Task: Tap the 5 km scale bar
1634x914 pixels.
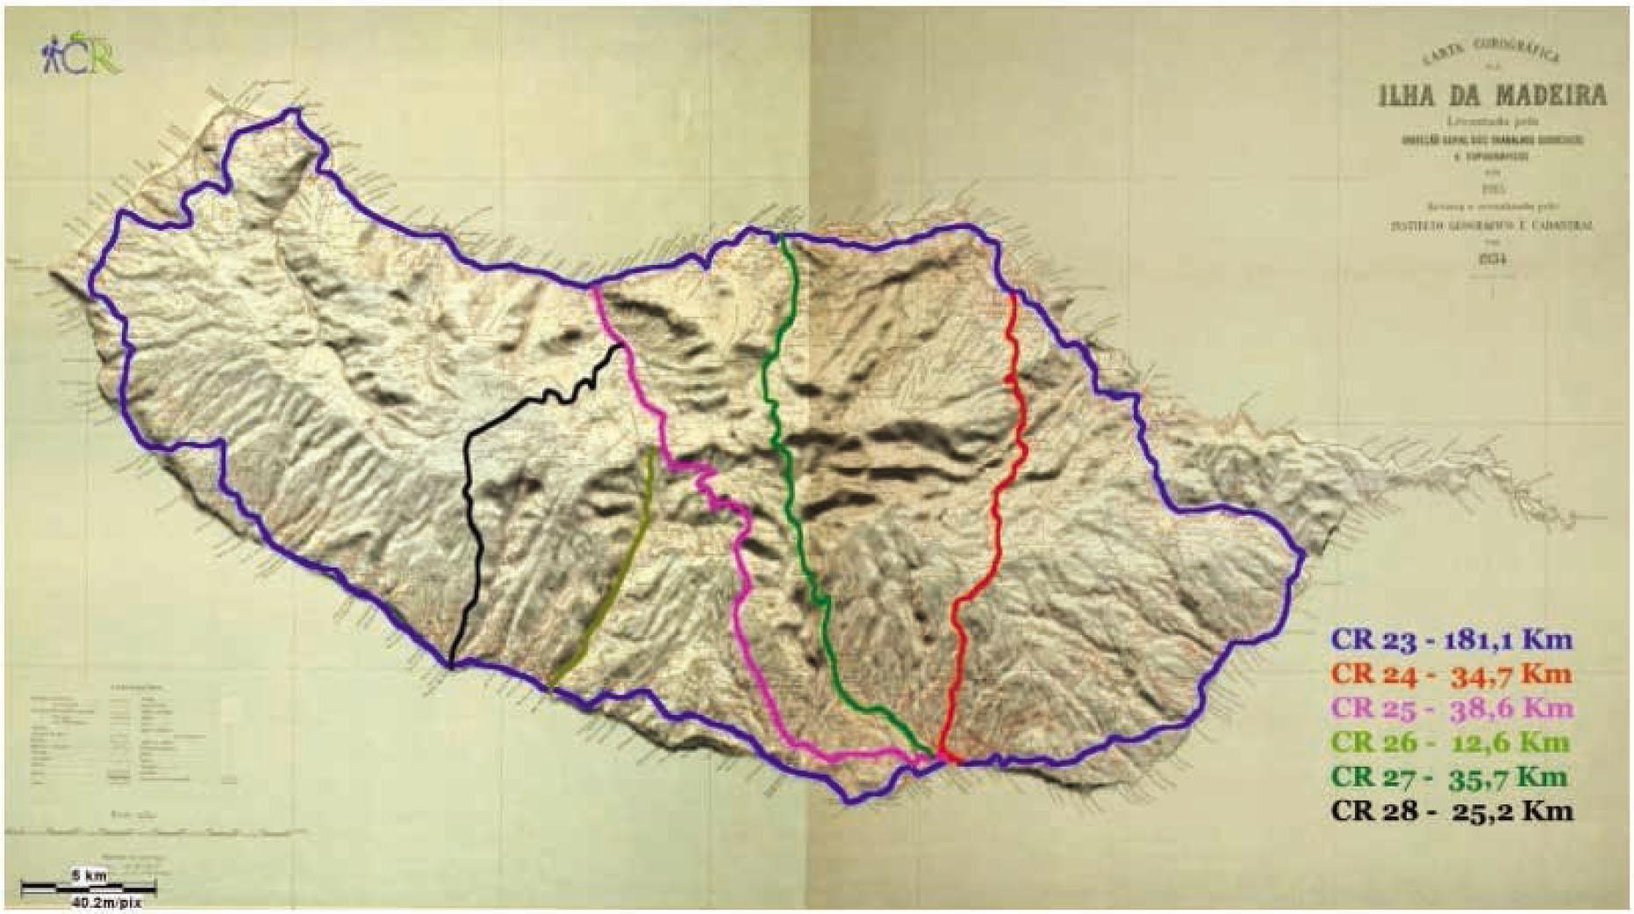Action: click(x=89, y=885)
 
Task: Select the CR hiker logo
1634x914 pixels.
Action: click(x=80, y=56)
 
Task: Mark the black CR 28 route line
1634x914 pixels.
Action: click(x=469, y=526)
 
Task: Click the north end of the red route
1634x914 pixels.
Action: click(x=1014, y=296)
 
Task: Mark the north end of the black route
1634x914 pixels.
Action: click(x=621, y=348)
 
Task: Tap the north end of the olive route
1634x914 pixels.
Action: click(x=650, y=451)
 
